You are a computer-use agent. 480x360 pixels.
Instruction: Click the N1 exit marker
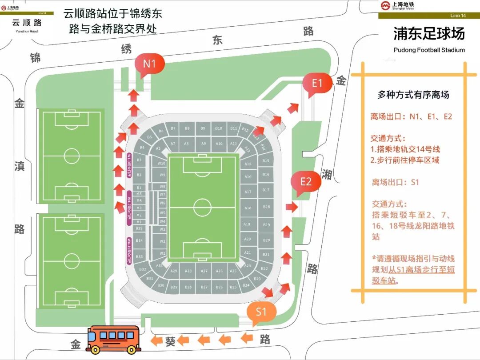(149, 64)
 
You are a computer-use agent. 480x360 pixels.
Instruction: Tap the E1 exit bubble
(317, 83)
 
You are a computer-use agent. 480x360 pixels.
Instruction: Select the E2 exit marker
(305, 182)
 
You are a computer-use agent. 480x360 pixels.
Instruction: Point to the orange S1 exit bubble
(260, 312)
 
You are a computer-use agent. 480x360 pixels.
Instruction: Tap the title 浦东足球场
(429, 34)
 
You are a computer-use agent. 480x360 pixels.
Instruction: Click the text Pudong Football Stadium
(429, 50)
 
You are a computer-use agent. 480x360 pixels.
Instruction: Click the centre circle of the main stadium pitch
(202, 207)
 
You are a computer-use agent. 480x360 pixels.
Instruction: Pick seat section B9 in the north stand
(203, 128)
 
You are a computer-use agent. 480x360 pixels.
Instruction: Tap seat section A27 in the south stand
(204, 271)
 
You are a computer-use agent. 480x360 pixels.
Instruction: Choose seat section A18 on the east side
(248, 208)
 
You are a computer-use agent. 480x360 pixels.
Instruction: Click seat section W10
(162, 163)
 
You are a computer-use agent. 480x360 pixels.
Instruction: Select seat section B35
(139, 228)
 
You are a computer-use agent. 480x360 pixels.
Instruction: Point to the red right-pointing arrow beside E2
(292, 207)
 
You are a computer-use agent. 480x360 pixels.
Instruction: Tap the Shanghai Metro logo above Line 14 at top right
(385, 5)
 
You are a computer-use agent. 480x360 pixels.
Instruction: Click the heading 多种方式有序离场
(413, 95)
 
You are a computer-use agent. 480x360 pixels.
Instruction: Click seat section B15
(266, 160)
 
